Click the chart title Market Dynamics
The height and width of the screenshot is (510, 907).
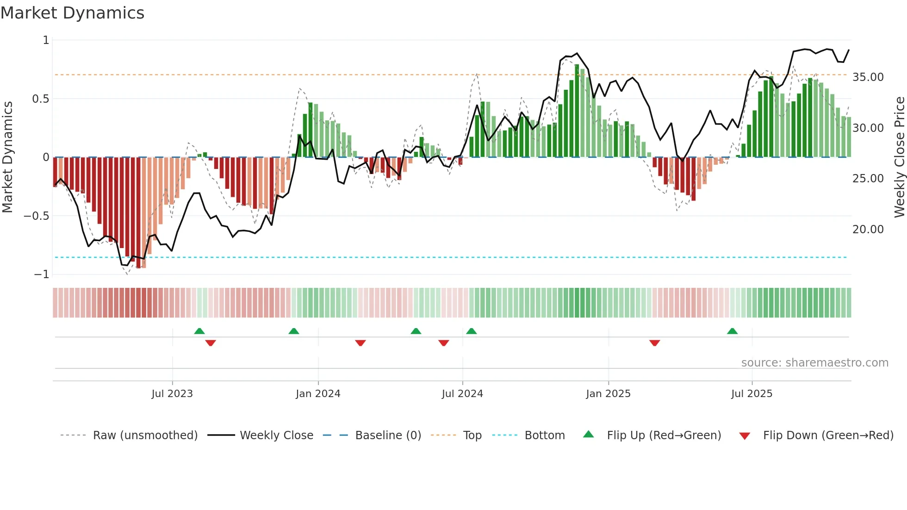click(x=72, y=13)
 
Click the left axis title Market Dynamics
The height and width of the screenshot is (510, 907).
click(x=8, y=157)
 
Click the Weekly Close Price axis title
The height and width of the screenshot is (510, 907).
click(x=899, y=157)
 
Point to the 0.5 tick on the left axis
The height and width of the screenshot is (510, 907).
click(x=40, y=99)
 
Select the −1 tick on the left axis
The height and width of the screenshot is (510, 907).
click(x=41, y=274)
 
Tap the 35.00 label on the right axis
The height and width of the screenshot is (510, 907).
click(x=868, y=77)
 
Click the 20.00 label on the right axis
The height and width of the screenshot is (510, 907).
click(x=868, y=229)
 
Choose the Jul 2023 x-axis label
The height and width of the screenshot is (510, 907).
click(x=172, y=393)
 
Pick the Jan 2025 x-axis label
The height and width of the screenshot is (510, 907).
click(x=608, y=393)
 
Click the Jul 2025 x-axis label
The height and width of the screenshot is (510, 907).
click(x=752, y=393)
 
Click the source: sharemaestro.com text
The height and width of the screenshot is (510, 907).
click(x=814, y=362)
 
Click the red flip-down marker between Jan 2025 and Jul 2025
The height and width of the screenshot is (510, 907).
click(x=654, y=343)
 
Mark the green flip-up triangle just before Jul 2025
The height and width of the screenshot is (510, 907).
click(x=732, y=331)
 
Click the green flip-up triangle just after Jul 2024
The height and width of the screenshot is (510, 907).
click(x=471, y=331)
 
